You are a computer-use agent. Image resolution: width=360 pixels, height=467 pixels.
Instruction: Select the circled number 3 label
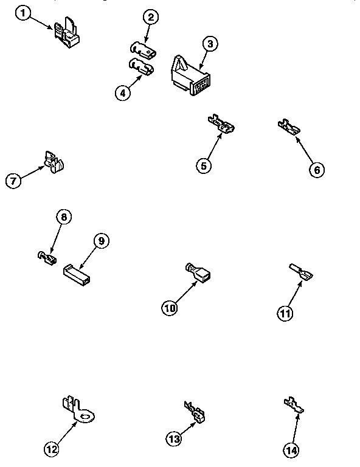point(209,44)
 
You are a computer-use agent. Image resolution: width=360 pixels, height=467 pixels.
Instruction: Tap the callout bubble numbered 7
point(14,181)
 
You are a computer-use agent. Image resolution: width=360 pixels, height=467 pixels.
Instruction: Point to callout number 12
point(52,449)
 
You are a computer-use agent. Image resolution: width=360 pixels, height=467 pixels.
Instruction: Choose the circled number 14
point(291,451)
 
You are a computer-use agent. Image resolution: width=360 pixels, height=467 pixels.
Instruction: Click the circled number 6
point(316,170)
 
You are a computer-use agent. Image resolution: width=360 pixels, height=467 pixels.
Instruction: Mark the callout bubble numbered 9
point(101,241)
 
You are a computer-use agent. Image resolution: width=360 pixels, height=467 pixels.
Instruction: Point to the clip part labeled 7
point(54,161)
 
